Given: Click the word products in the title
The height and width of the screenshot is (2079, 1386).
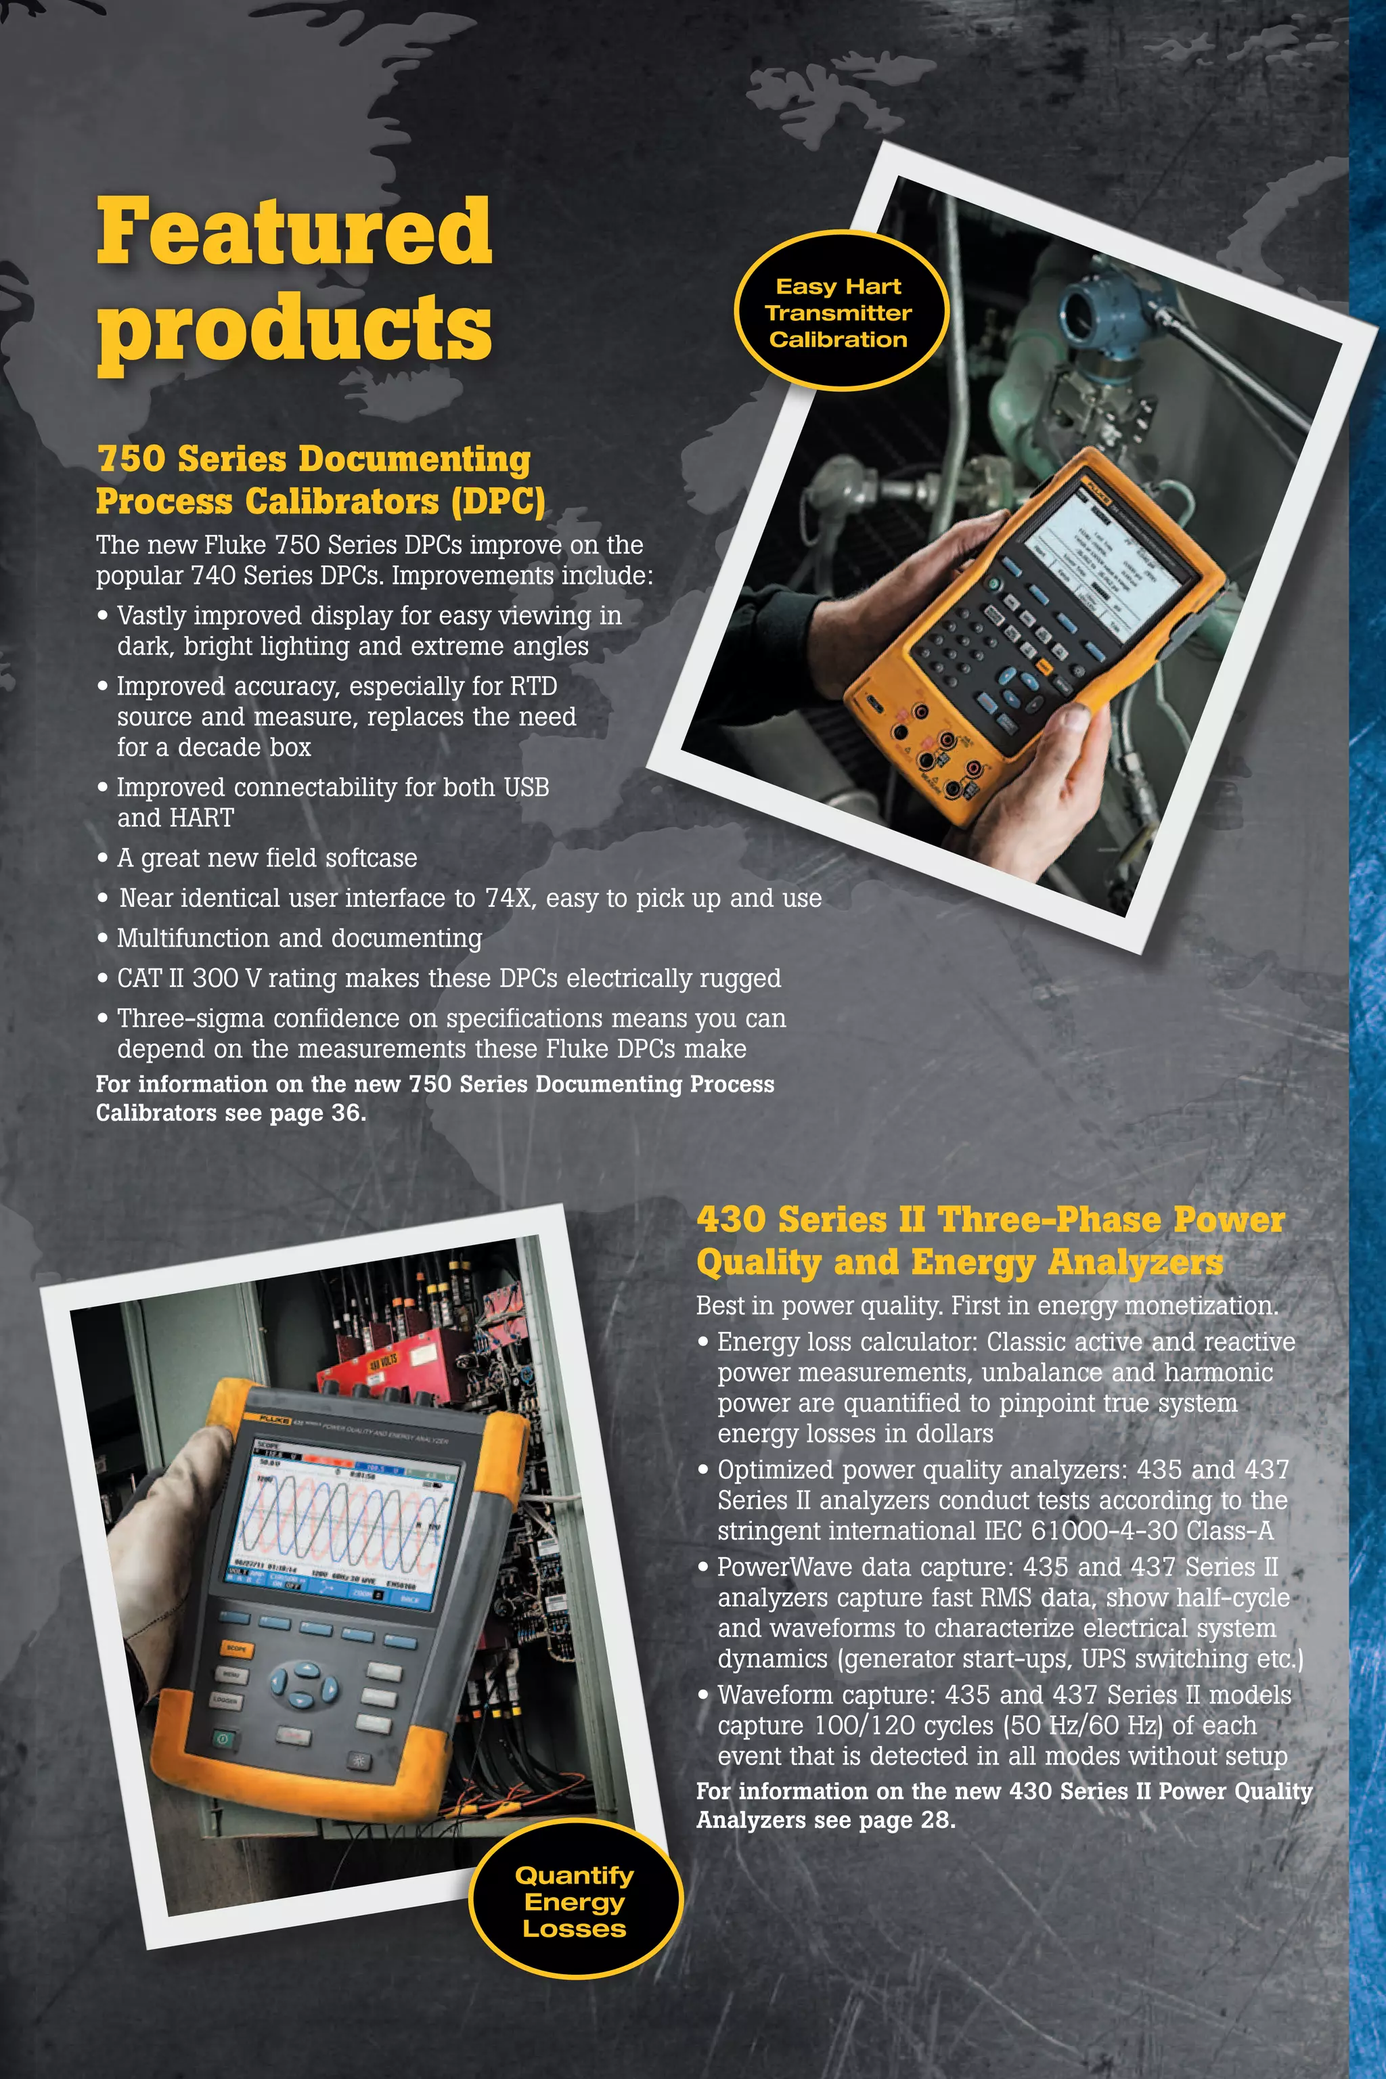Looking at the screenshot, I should [x=294, y=329].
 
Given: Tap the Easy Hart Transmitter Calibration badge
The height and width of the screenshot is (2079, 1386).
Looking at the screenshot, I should [x=838, y=312].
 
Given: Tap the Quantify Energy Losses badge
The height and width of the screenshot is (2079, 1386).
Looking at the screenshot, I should [x=575, y=1901].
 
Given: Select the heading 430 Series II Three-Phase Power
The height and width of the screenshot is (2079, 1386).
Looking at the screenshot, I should [x=989, y=1219].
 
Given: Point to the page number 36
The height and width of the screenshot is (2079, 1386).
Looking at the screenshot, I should [x=346, y=1113].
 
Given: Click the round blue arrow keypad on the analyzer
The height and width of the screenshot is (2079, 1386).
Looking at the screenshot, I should [x=303, y=1686].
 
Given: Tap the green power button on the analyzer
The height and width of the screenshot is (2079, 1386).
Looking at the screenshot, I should [x=223, y=1738].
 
